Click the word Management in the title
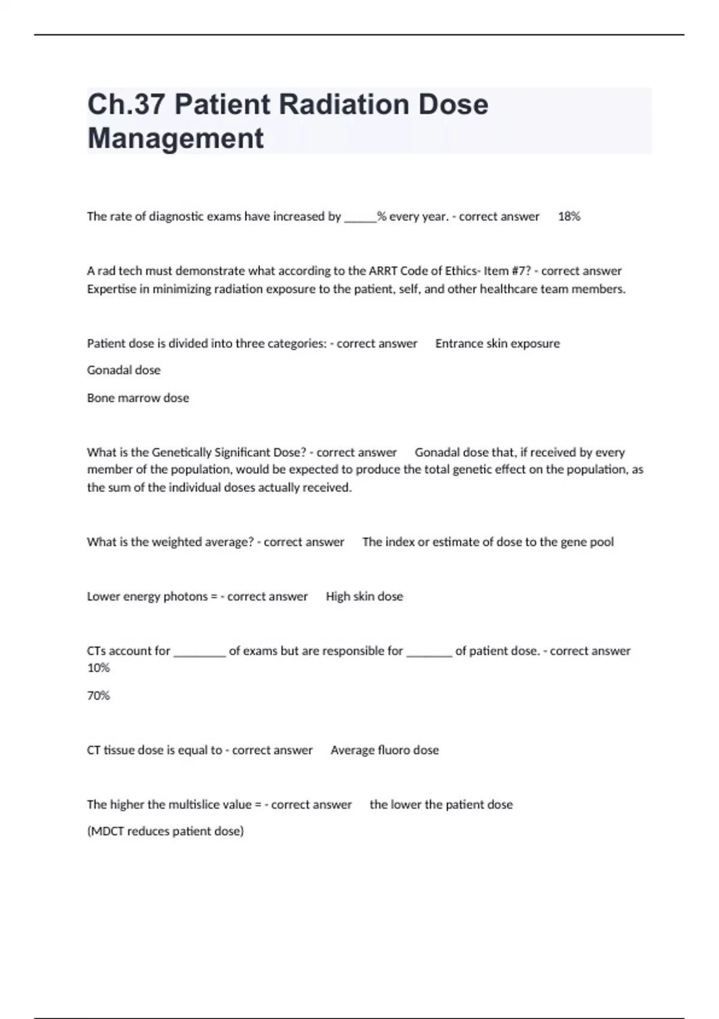[x=176, y=138]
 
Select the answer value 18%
[x=569, y=216]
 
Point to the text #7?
[x=518, y=271]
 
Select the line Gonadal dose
[x=123, y=370]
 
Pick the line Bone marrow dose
[x=138, y=398]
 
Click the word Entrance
[x=458, y=343]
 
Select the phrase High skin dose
[x=364, y=596]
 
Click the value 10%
[x=98, y=668]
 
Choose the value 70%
[x=98, y=696]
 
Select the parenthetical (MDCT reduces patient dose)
[x=165, y=831]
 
